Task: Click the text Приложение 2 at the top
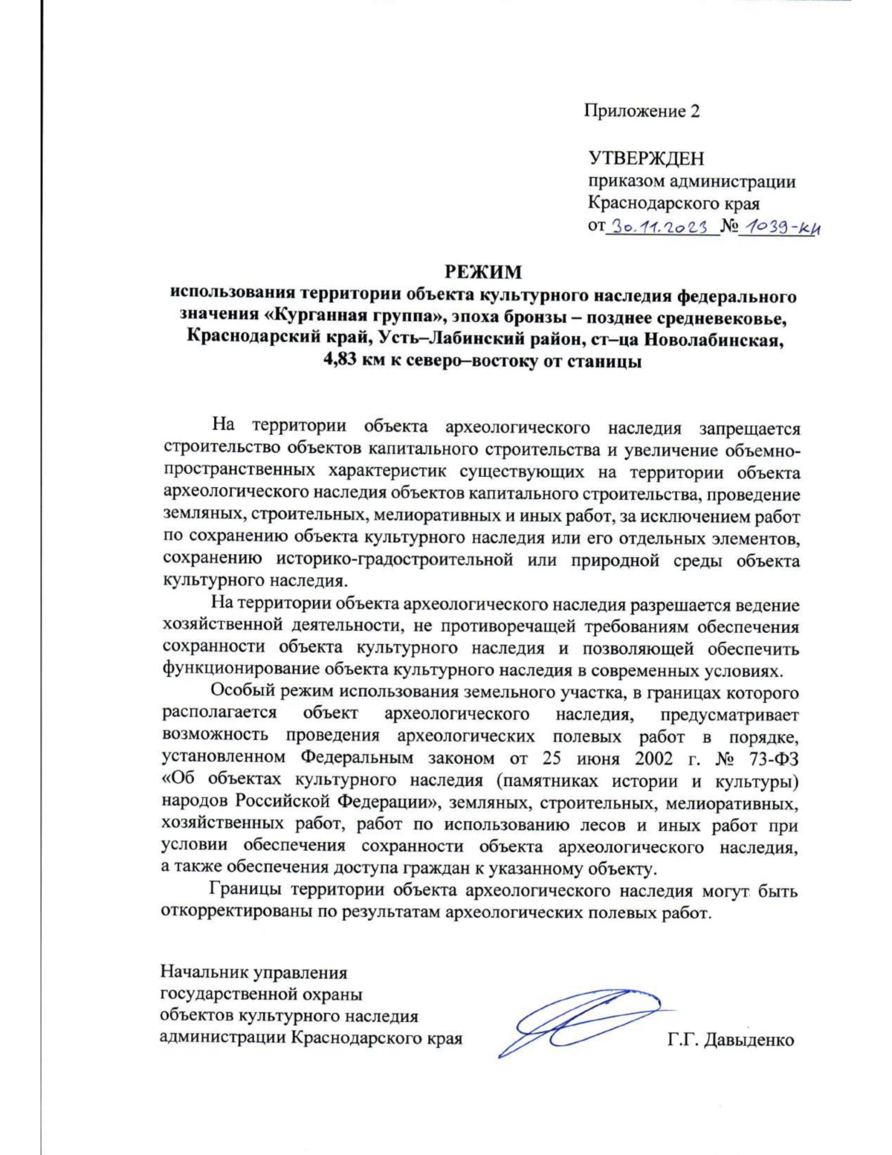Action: [641, 112]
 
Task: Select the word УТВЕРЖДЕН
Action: [646, 158]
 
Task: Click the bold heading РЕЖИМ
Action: [483, 271]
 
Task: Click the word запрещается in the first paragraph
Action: [749, 428]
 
